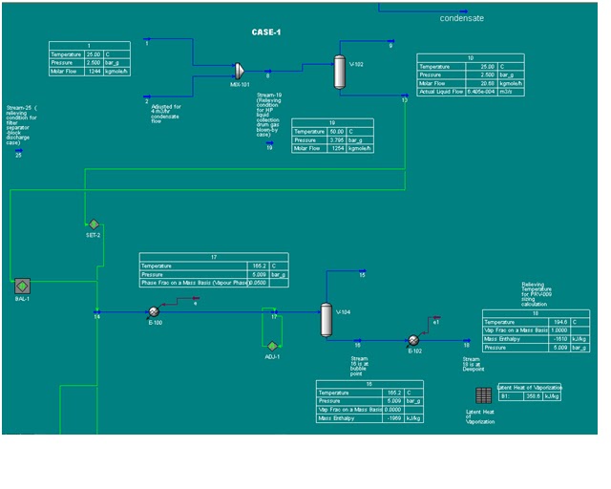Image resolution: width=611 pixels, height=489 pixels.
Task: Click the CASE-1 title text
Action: tap(266, 32)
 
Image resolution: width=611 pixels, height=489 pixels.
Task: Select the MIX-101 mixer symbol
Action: tap(240, 70)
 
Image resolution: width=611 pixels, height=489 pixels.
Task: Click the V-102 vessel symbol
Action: tap(339, 72)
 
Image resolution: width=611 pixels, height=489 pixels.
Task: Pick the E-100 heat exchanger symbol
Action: tap(153, 311)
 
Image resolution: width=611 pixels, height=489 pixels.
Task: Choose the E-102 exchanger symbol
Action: tap(414, 341)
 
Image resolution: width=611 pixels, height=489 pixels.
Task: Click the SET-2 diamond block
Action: tap(94, 224)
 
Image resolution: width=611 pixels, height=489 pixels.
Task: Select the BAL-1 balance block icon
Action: tap(22, 285)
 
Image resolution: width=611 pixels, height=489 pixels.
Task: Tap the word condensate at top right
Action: tap(462, 18)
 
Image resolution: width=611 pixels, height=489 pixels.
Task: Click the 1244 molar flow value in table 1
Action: tap(95, 72)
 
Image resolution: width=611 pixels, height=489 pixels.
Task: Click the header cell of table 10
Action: tap(470, 58)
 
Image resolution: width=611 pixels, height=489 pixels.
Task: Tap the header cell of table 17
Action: tap(214, 256)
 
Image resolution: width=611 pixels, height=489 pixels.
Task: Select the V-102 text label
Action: tap(358, 65)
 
